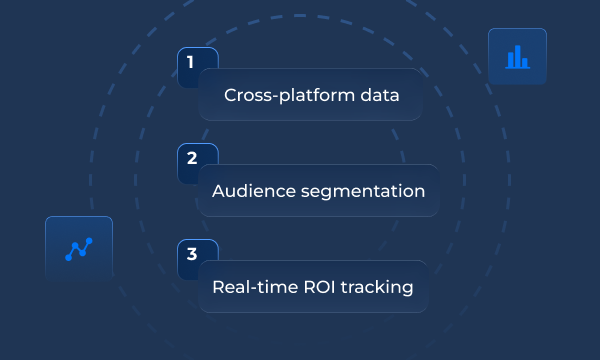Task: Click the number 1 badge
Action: pos(190,62)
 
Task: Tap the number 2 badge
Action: pos(190,158)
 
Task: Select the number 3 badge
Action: pos(190,254)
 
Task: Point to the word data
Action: pos(381,96)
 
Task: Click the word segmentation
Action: pos(363,192)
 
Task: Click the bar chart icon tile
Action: pos(517,57)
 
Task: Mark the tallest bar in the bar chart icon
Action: pos(517,56)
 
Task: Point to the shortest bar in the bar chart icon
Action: pos(525,63)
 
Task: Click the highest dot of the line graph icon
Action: pos(90,241)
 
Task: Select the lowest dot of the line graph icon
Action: pos(68,258)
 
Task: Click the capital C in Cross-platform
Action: pos(230,96)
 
